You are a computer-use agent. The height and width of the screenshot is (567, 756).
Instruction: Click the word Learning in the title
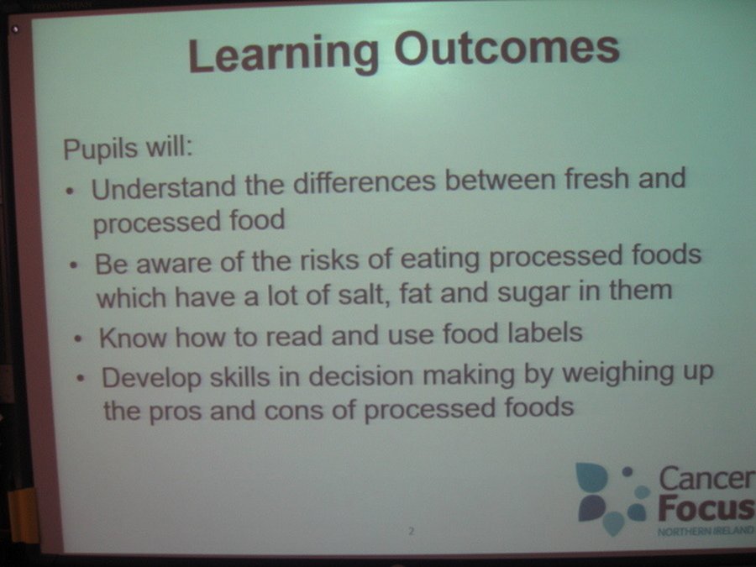284,54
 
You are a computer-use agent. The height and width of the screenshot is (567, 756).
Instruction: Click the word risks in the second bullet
330,260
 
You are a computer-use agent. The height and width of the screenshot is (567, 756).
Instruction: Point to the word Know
133,337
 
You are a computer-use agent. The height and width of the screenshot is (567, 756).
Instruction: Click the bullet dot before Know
77,339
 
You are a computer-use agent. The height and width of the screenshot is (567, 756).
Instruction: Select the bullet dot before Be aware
73,265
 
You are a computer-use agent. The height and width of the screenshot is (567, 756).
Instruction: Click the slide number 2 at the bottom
411,532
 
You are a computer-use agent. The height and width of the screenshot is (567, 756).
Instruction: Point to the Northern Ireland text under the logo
706,531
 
